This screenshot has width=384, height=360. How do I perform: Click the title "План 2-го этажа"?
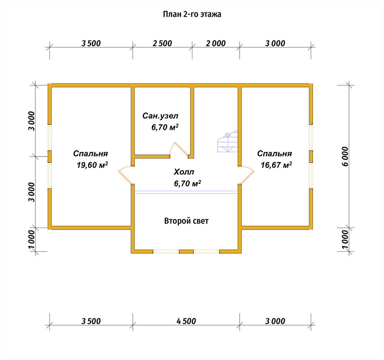[192, 14]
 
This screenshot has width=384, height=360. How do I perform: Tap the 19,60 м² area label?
[92, 165]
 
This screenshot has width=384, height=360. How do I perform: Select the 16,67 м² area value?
[276, 165]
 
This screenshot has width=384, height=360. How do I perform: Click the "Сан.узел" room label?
[161, 116]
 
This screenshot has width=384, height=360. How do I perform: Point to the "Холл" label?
[184, 172]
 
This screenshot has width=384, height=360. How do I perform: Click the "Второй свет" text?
[186, 221]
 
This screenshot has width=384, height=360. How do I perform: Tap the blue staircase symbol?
[228, 142]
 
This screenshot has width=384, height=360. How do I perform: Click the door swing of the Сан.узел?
[179, 150]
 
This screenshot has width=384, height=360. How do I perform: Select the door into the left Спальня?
[126, 175]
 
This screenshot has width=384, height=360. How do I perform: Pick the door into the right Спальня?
[247, 175]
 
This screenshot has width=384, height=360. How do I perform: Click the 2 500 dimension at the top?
[162, 44]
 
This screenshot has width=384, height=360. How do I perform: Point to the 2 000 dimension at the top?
[216, 44]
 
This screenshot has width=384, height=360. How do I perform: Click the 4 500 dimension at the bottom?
[186, 321]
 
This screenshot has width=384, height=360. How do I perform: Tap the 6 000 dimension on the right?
[345, 157]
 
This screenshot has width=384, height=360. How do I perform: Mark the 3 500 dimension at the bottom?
[91, 321]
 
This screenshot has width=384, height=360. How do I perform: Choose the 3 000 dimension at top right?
[275, 44]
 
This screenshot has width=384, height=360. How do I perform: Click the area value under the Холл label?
[188, 183]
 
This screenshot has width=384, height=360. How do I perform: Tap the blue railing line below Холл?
[186, 192]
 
